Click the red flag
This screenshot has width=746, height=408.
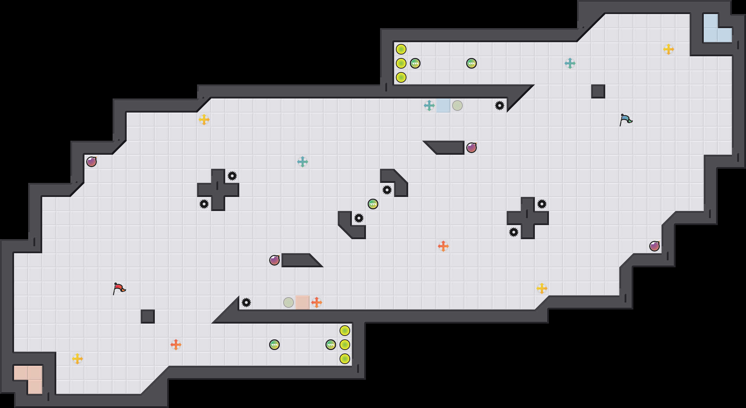119,288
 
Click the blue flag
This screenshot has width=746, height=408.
626,120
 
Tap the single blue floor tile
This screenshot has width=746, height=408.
443,106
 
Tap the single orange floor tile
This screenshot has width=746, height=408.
303,302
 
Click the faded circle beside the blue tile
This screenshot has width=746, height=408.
457,106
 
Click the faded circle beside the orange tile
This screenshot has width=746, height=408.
289,302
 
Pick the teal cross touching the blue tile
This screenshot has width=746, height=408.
429,106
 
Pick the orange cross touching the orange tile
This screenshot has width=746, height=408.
317,302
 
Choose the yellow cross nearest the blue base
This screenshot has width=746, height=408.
669,49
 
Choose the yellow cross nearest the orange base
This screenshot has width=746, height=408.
77,359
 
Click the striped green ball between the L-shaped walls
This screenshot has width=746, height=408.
373,204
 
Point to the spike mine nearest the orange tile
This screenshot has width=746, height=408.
246,302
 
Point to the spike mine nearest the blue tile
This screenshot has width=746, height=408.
500,106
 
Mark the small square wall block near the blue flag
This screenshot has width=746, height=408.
598,91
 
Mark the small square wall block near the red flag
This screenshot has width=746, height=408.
148,317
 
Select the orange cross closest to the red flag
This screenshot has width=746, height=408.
176,345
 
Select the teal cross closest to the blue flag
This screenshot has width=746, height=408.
570,63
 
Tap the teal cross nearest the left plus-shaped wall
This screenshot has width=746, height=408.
303,162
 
